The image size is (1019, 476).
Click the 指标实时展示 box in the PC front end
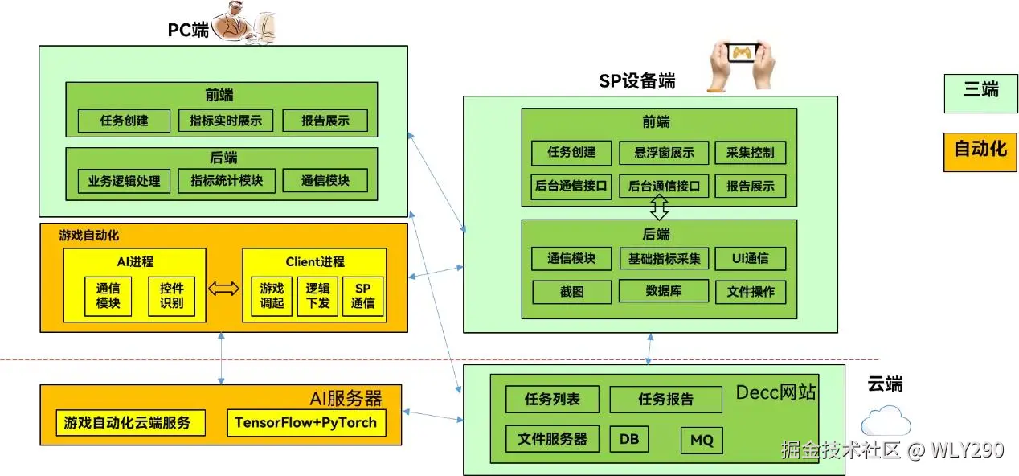click(226, 121)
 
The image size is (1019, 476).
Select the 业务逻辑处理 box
click(124, 181)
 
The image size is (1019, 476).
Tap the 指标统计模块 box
click(226, 181)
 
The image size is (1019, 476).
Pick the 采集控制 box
click(750, 153)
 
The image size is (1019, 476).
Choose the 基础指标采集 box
click(664, 258)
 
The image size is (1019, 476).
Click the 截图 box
click(571, 292)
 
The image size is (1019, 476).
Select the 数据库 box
click(664, 291)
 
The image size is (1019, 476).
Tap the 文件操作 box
click(750, 292)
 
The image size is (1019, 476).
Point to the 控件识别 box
click(171, 296)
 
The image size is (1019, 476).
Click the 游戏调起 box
click(272, 296)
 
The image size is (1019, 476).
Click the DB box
click(629, 438)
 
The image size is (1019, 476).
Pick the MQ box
click(702, 440)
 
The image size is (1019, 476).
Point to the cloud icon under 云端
click(886, 421)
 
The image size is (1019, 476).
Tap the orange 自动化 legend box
click(980, 149)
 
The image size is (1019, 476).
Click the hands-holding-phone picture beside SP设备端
click(740, 62)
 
